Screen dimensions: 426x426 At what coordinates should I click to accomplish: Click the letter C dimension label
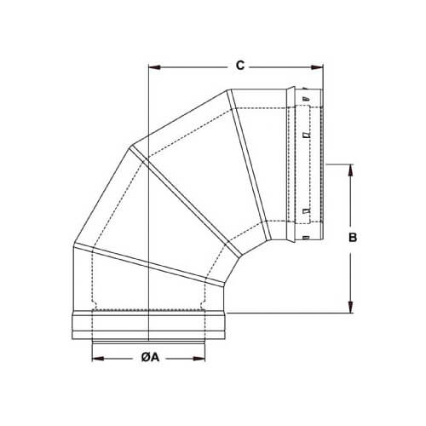240,65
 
